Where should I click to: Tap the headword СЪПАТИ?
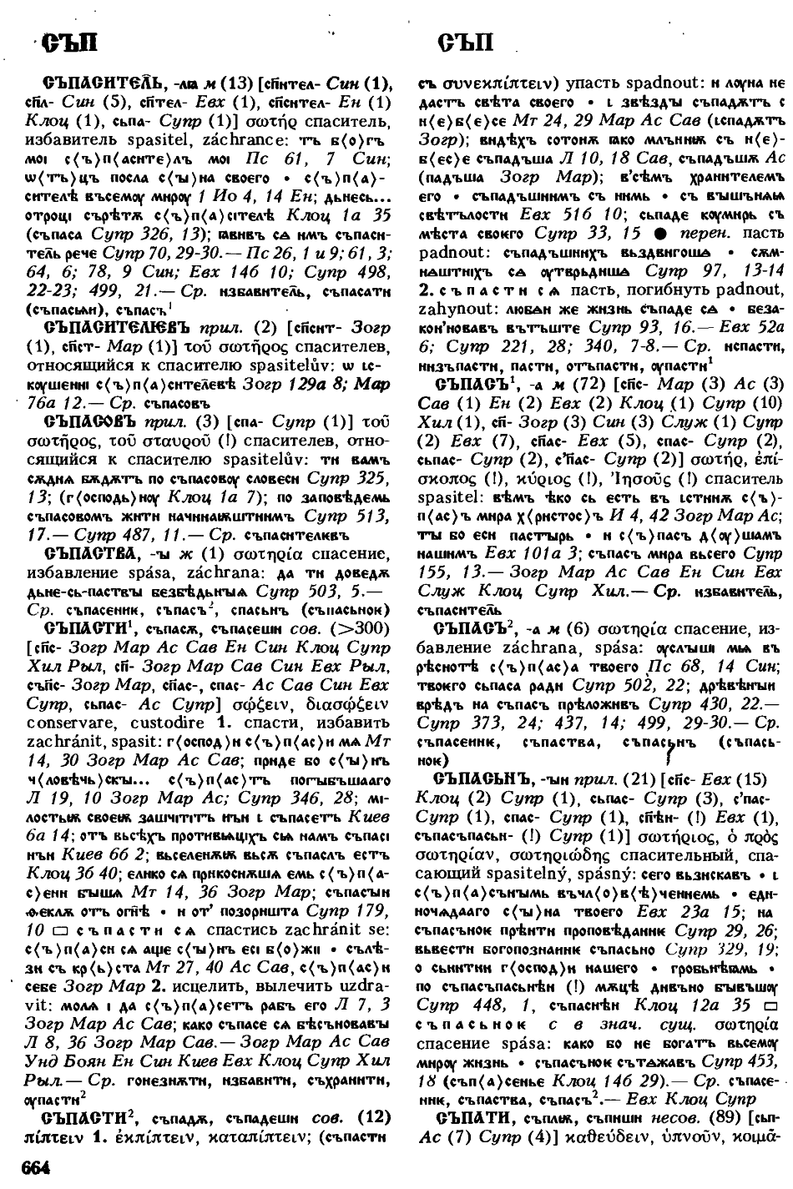click(475, 1117)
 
